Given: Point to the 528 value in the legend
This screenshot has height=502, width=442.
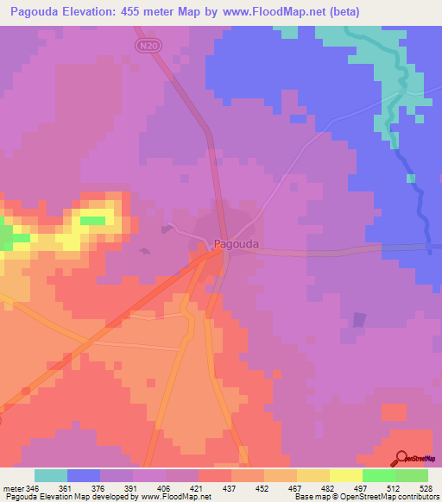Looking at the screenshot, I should click(x=426, y=487).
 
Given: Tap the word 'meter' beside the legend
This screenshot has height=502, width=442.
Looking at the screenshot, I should click(x=13, y=487).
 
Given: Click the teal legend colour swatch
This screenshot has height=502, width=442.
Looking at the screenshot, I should click(x=51, y=475).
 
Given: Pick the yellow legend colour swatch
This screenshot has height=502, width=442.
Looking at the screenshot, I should click(x=345, y=475).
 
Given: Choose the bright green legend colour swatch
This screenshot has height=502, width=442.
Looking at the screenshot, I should click(x=378, y=475).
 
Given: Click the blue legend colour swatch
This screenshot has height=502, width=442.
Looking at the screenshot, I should click(x=84, y=475).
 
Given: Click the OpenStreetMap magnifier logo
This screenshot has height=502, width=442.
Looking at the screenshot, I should click(x=401, y=458).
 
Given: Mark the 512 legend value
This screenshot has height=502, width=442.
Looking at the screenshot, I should click(x=395, y=487).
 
